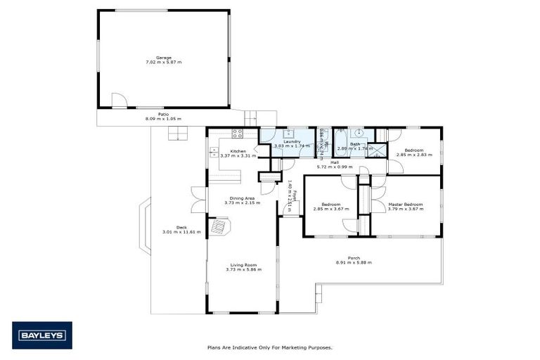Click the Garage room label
(x=164, y=58)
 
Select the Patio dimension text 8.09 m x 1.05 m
(x=163, y=119)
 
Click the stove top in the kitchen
(x=238, y=132)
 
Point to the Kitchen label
(x=237, y=151)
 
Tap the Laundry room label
(x=292, y=141)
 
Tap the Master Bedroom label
(x=405, y=204)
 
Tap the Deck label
(x=181, y=227)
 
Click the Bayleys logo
(x=42, y=335)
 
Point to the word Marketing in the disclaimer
(x=292, y=347)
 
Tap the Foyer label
(x=295, y=195)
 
